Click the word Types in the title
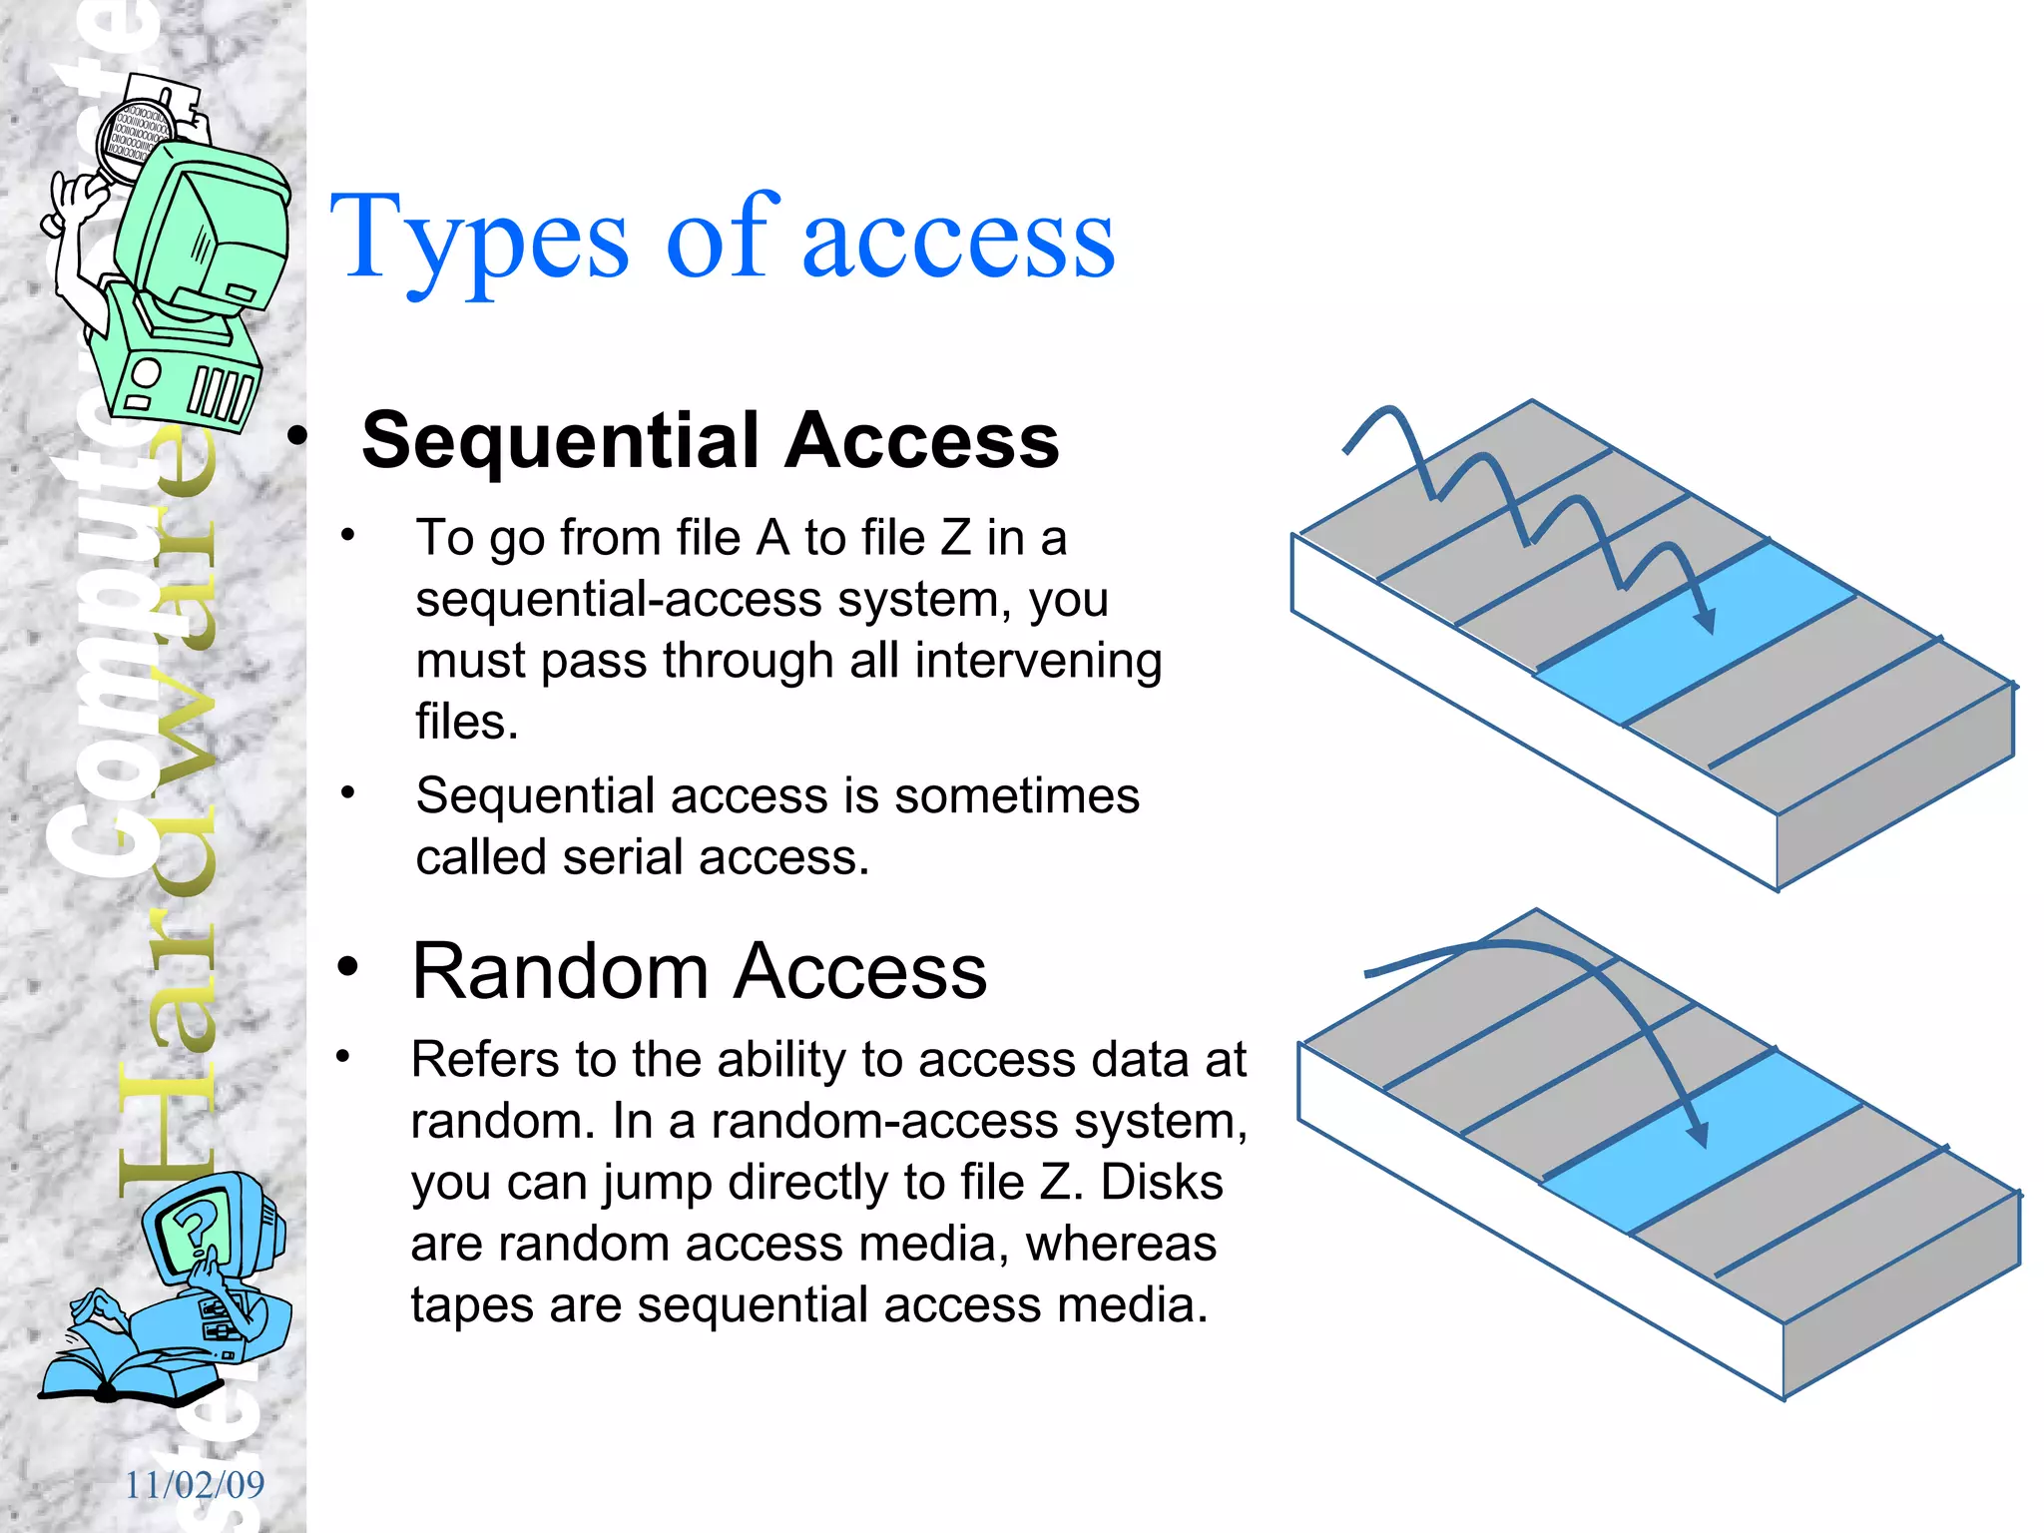point(479,240)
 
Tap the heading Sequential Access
point(710,440)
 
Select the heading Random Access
point(699,971)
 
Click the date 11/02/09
point(195,1485)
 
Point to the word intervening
point(1038,661)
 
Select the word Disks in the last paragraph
point(1162,1183)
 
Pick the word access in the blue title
point(958,240)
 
